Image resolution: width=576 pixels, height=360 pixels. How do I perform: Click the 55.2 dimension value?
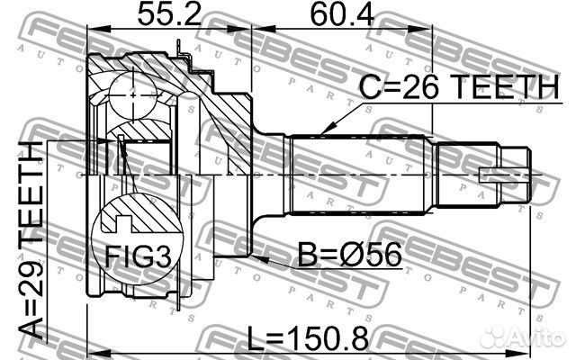click(169, 15)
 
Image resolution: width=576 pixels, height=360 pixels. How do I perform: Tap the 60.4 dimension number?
click(342, 15)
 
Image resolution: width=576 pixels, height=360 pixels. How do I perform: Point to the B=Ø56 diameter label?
click(349, 255)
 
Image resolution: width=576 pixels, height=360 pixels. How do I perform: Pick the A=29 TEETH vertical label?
click(31, 240)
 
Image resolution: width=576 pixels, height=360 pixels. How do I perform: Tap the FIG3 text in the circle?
click(138, 256)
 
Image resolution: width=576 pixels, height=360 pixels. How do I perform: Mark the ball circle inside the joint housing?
click(133, 95)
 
